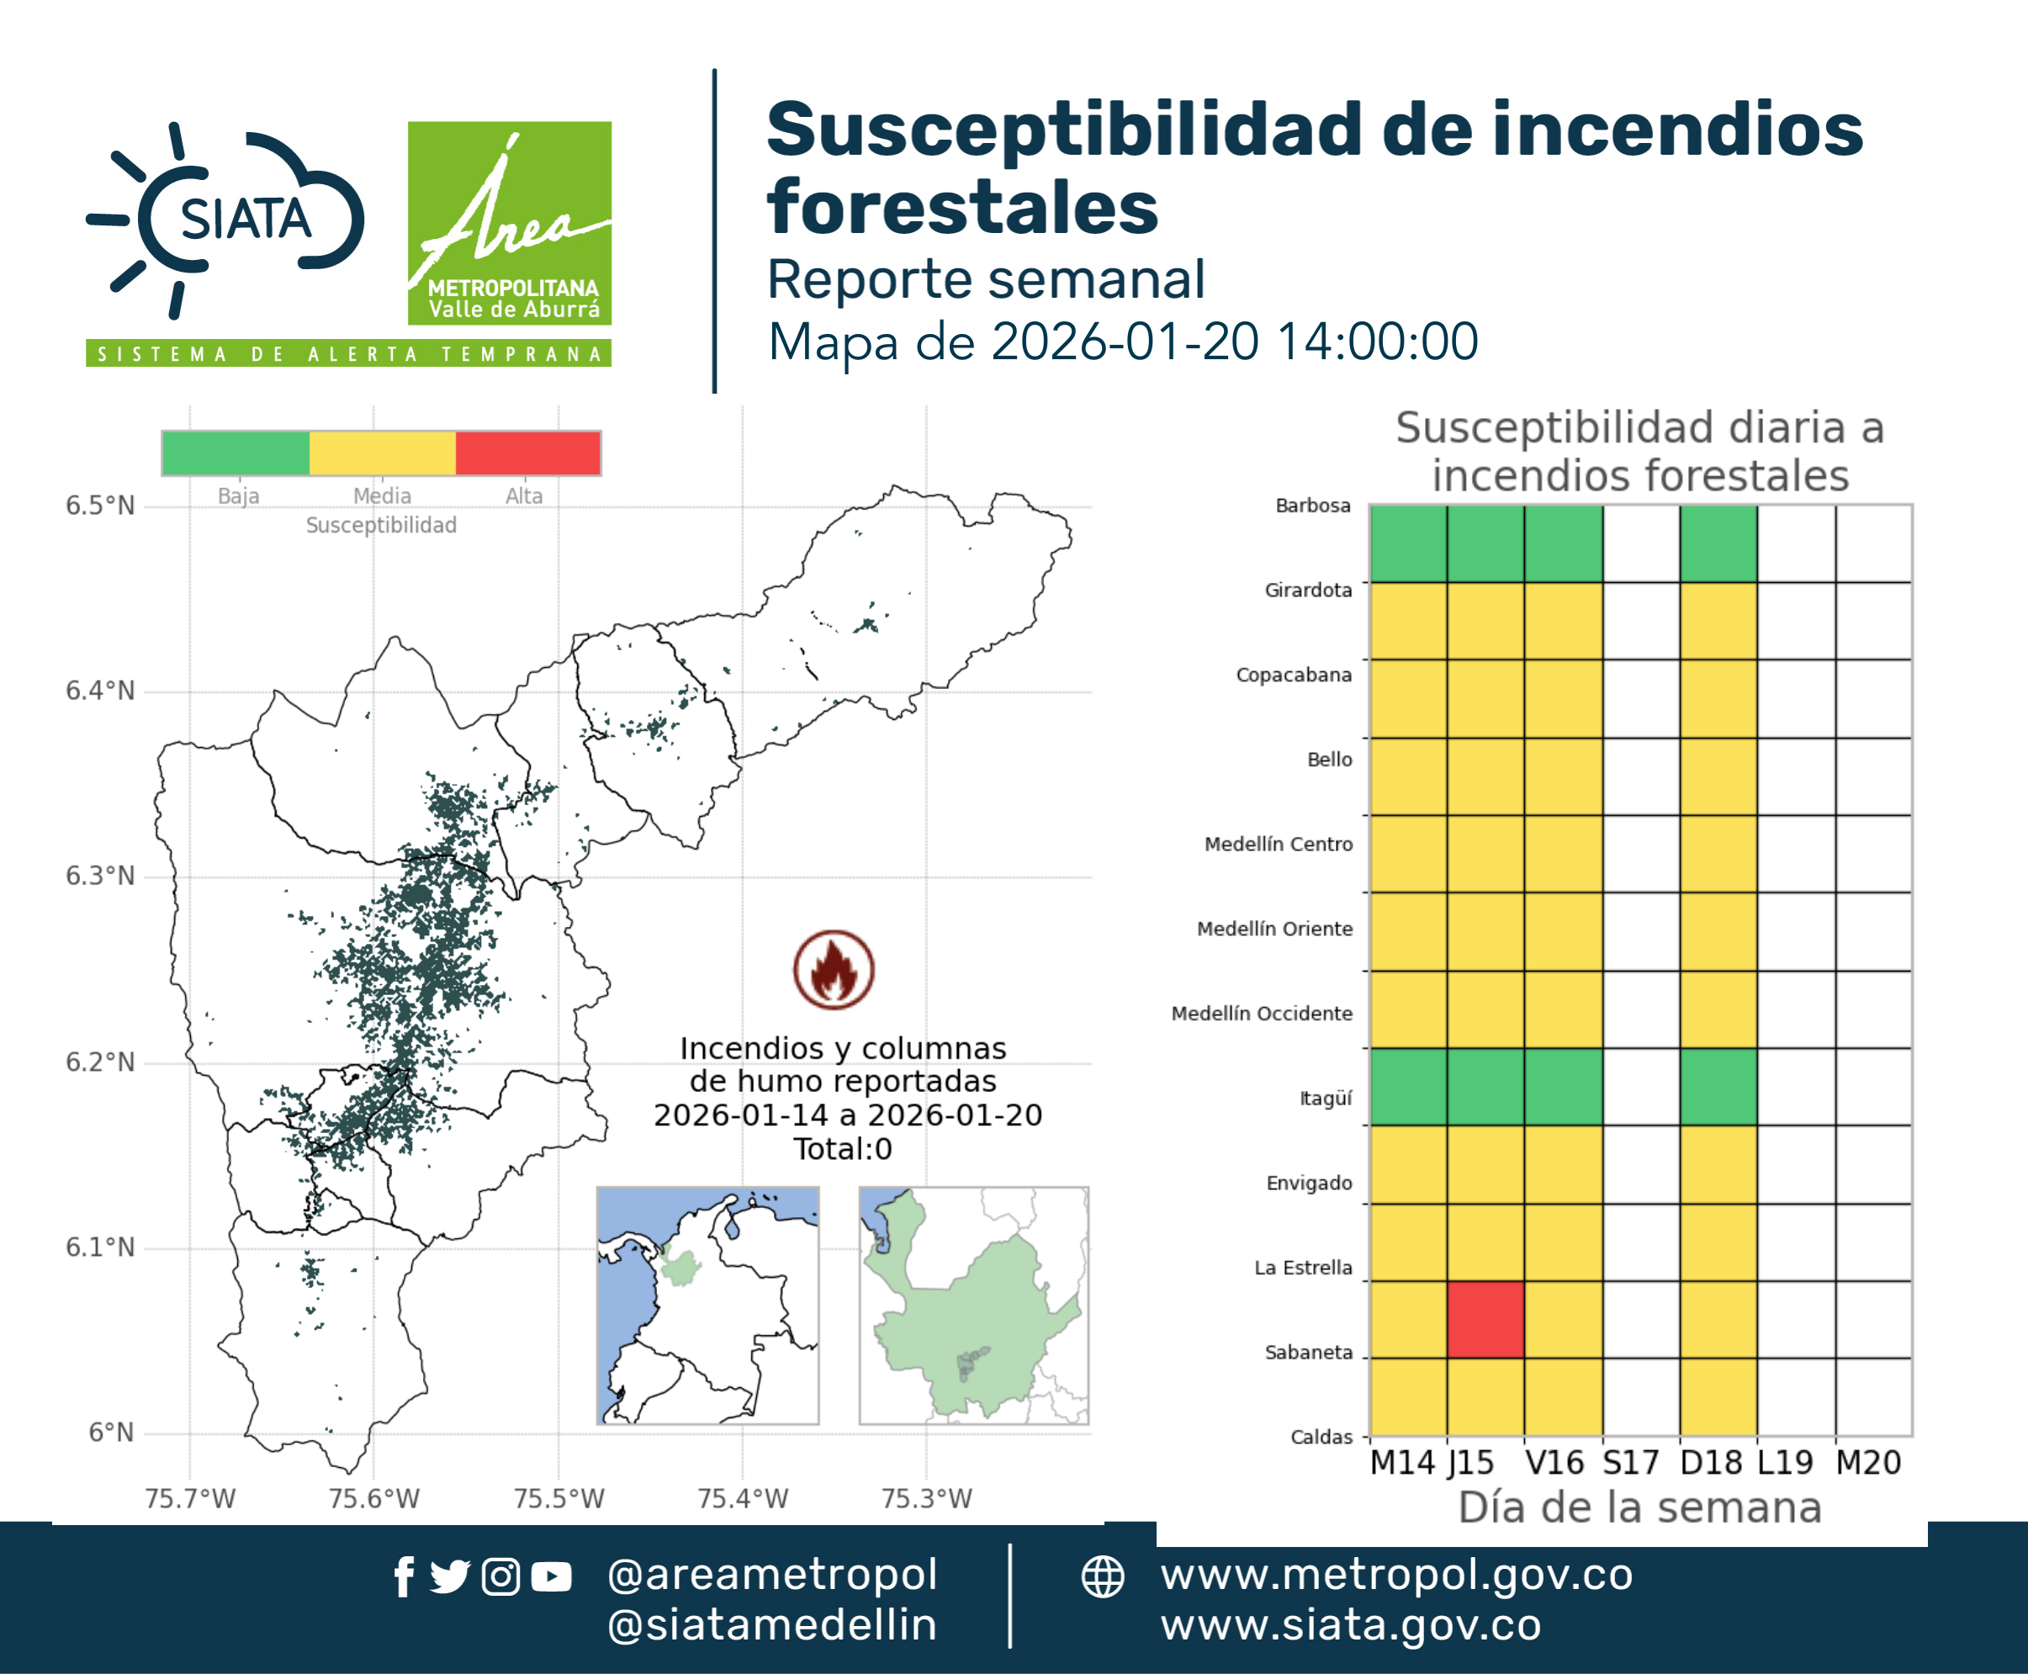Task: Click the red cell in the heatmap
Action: pyautogui.click(x=1485, y=1319)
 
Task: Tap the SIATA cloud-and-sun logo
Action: pyautogui.click(x=225, y=220)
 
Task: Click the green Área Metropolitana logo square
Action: pyautogui.click(x=509, y=223)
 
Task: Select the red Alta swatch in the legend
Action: pyautogui.click(x=527, y=453)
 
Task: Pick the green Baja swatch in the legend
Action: pyautogui.click(x=236, y=453)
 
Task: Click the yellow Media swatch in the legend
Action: pyautogui.click(x=383, y=453)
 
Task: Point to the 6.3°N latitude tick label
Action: pyautogui.click(x=100, y=876)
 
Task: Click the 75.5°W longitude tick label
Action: pyautogui.click(x=559, y=1498)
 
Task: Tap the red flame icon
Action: pyautogui.click(x=834, y=969)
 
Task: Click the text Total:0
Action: pyautogui.click(x=843, y=1148)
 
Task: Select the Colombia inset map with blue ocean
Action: pyautogui.click(x=707, y=1306)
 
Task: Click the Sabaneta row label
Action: pyautogui.click(x=1309, y=1352)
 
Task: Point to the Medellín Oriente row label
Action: pyautogui.click(x=1275, y=929)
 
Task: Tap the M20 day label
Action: pyautogui.click(x=1868, y=1463)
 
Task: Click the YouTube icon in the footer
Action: pyautogui.click(x=551, y=1576)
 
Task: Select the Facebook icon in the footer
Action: pyautogui.click(x=404, y=1576)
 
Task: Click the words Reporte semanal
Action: pyautogui.click(x=986, y=279)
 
